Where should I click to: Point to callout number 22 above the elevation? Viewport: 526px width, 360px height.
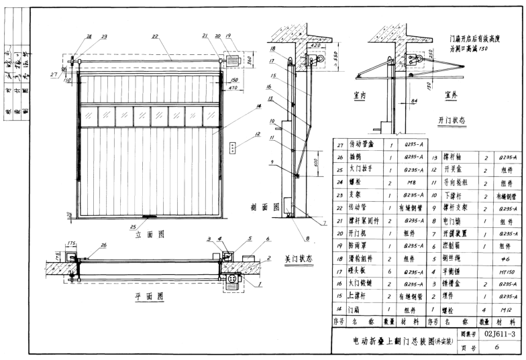pos(155,36)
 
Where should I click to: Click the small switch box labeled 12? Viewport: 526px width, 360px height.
pos(233,147)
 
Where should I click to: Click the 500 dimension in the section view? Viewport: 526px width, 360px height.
pos(315,162)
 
